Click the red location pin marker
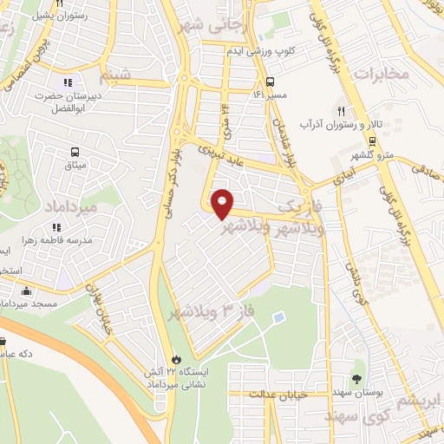[x=224, y=203]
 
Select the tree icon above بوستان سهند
[x=356, y=379]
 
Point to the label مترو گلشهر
[x=372, y=155]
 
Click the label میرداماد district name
[x=50, y=210]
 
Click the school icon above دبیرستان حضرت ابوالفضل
[x=67, y=83]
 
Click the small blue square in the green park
[x=277, y=318]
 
